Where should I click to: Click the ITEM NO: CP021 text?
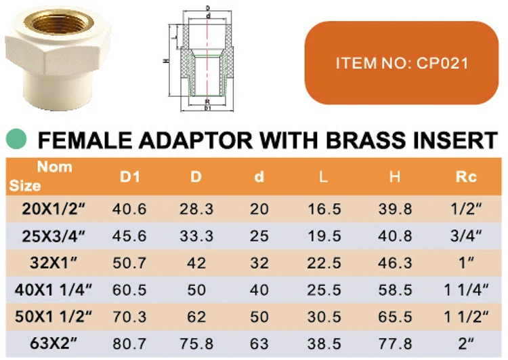coord(402,63)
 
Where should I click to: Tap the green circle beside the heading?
coord(16,139)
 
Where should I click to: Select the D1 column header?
coord(130,177)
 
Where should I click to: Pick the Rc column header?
coord(466,177)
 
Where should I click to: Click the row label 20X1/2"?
coord(54,209)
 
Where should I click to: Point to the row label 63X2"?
coord(54,343)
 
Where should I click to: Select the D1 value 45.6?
coord(129,236)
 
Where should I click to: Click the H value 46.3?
coord(395,262)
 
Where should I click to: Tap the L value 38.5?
coord(324,344)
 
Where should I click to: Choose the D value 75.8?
coord(196,344)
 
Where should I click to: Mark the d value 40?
coord(259,289)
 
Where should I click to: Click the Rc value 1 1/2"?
coord(466,317)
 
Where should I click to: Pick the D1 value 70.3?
coord(129,317)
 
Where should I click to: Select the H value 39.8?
coord(395,209)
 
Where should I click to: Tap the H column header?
coord(395,177)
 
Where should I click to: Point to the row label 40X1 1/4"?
coord(54,289)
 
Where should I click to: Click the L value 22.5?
coord(324,262)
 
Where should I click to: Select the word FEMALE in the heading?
coord(85,140)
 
